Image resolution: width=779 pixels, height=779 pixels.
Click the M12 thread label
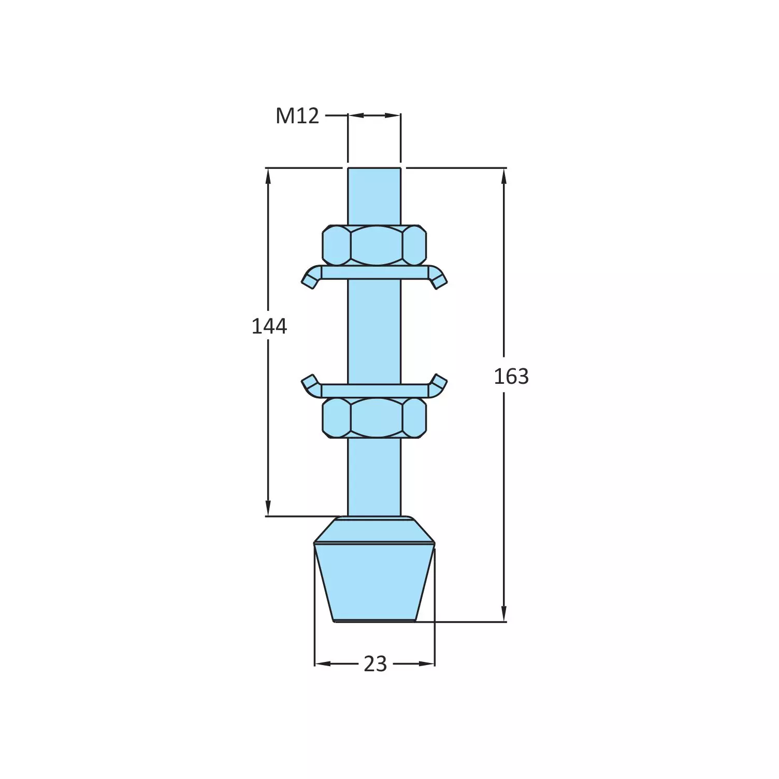pyautogui.click(x=297, y=116)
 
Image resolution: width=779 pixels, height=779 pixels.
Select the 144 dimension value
pyautogui.click(x=269, y=326)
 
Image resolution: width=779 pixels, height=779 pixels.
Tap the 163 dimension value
pyautogui.click(x=511, y=377)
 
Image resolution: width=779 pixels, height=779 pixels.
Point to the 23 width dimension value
pyautogui.click(x=375, y=663)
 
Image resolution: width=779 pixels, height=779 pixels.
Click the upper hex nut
pyautogui.click(x=374, y=245)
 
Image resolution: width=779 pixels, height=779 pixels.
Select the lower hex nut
pyautogui.click(x=374, y=417)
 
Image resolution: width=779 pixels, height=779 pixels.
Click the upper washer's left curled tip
pyautogui.click(x=309, y=280)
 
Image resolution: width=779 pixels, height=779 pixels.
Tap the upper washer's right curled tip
pyautogui.click(x=439, y=280)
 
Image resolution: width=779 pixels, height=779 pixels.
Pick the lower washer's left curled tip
pyautogui.click(x=309, y=383)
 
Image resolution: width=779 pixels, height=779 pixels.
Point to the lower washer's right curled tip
pyautogui.click(x=439, y=383)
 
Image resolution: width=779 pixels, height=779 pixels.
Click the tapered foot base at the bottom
pyautogui.click(x=374, y=580)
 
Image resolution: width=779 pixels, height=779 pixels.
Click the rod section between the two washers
pyautogui.click(x=374, y=331)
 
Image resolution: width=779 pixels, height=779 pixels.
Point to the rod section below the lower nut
pyautogui.click(x=374, y=477)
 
